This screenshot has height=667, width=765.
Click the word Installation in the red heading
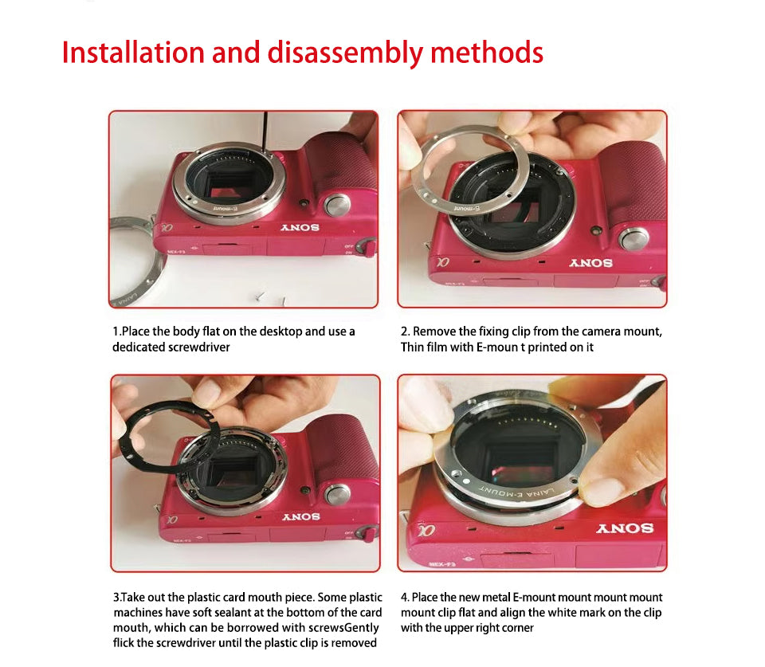click(x=133, y=53)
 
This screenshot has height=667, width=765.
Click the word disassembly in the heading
click(x=345, y=53)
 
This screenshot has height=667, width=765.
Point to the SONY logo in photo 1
click(x=300, y=227)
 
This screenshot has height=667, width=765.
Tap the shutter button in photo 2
click(x=634, y=239)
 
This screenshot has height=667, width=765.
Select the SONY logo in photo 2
click(x=590, y=262)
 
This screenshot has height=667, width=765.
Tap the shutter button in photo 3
click(x=338, y=494)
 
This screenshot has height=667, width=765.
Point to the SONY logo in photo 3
click(x=301, y=516)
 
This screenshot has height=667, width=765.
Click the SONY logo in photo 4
click(x=625, y=528)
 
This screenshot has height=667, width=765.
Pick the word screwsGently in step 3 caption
click(x=343, y=628)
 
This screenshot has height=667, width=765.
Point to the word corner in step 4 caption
click(x=517, y=628)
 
